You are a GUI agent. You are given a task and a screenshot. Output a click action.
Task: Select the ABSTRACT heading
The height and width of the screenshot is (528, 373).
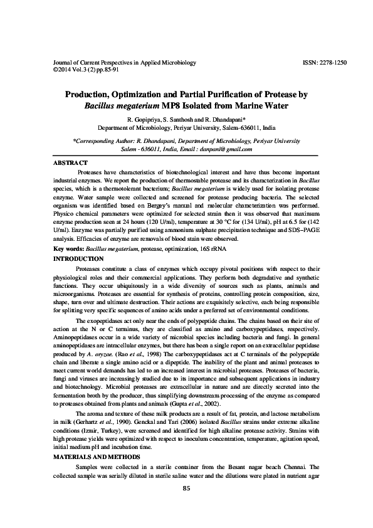pos(70,163)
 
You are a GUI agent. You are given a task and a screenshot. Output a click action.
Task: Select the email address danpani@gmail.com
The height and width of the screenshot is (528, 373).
pos(227,150)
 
